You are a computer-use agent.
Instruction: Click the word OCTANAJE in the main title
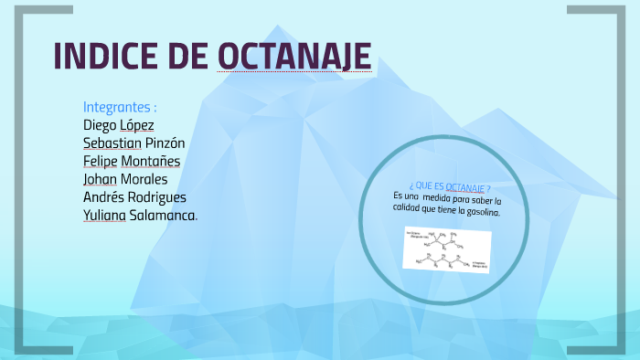[294, 57]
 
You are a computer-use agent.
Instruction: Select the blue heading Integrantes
[120, 106]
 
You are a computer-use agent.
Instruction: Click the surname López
[138, 124]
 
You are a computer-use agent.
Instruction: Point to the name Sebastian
[112, 143]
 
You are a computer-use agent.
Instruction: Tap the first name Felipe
[102, 161]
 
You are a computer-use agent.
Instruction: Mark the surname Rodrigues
[157, 197]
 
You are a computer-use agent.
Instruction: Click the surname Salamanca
[165, 216]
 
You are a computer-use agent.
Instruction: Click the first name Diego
[101, 124]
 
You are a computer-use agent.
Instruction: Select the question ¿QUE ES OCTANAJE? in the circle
[444, 186]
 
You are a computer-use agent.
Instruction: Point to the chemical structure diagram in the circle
[447, 249]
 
